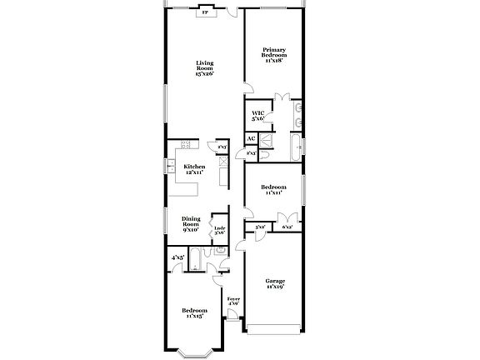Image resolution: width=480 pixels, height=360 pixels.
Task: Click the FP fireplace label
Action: pos(205,13)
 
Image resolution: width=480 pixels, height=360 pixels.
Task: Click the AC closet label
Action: pos(251,139)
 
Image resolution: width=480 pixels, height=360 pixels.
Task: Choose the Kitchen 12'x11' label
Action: pos(194,169)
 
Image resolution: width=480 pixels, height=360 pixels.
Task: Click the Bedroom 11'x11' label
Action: pos(273,190)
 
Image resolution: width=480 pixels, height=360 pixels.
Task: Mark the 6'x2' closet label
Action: pos(287,227)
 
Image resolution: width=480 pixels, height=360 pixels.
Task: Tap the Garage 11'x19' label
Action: pos(274,283)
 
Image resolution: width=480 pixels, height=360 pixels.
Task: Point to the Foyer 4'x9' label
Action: pos(234,301)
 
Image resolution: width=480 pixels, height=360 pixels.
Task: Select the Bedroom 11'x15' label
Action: pos(194,313)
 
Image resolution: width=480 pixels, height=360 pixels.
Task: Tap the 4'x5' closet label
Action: pos(177,258)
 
